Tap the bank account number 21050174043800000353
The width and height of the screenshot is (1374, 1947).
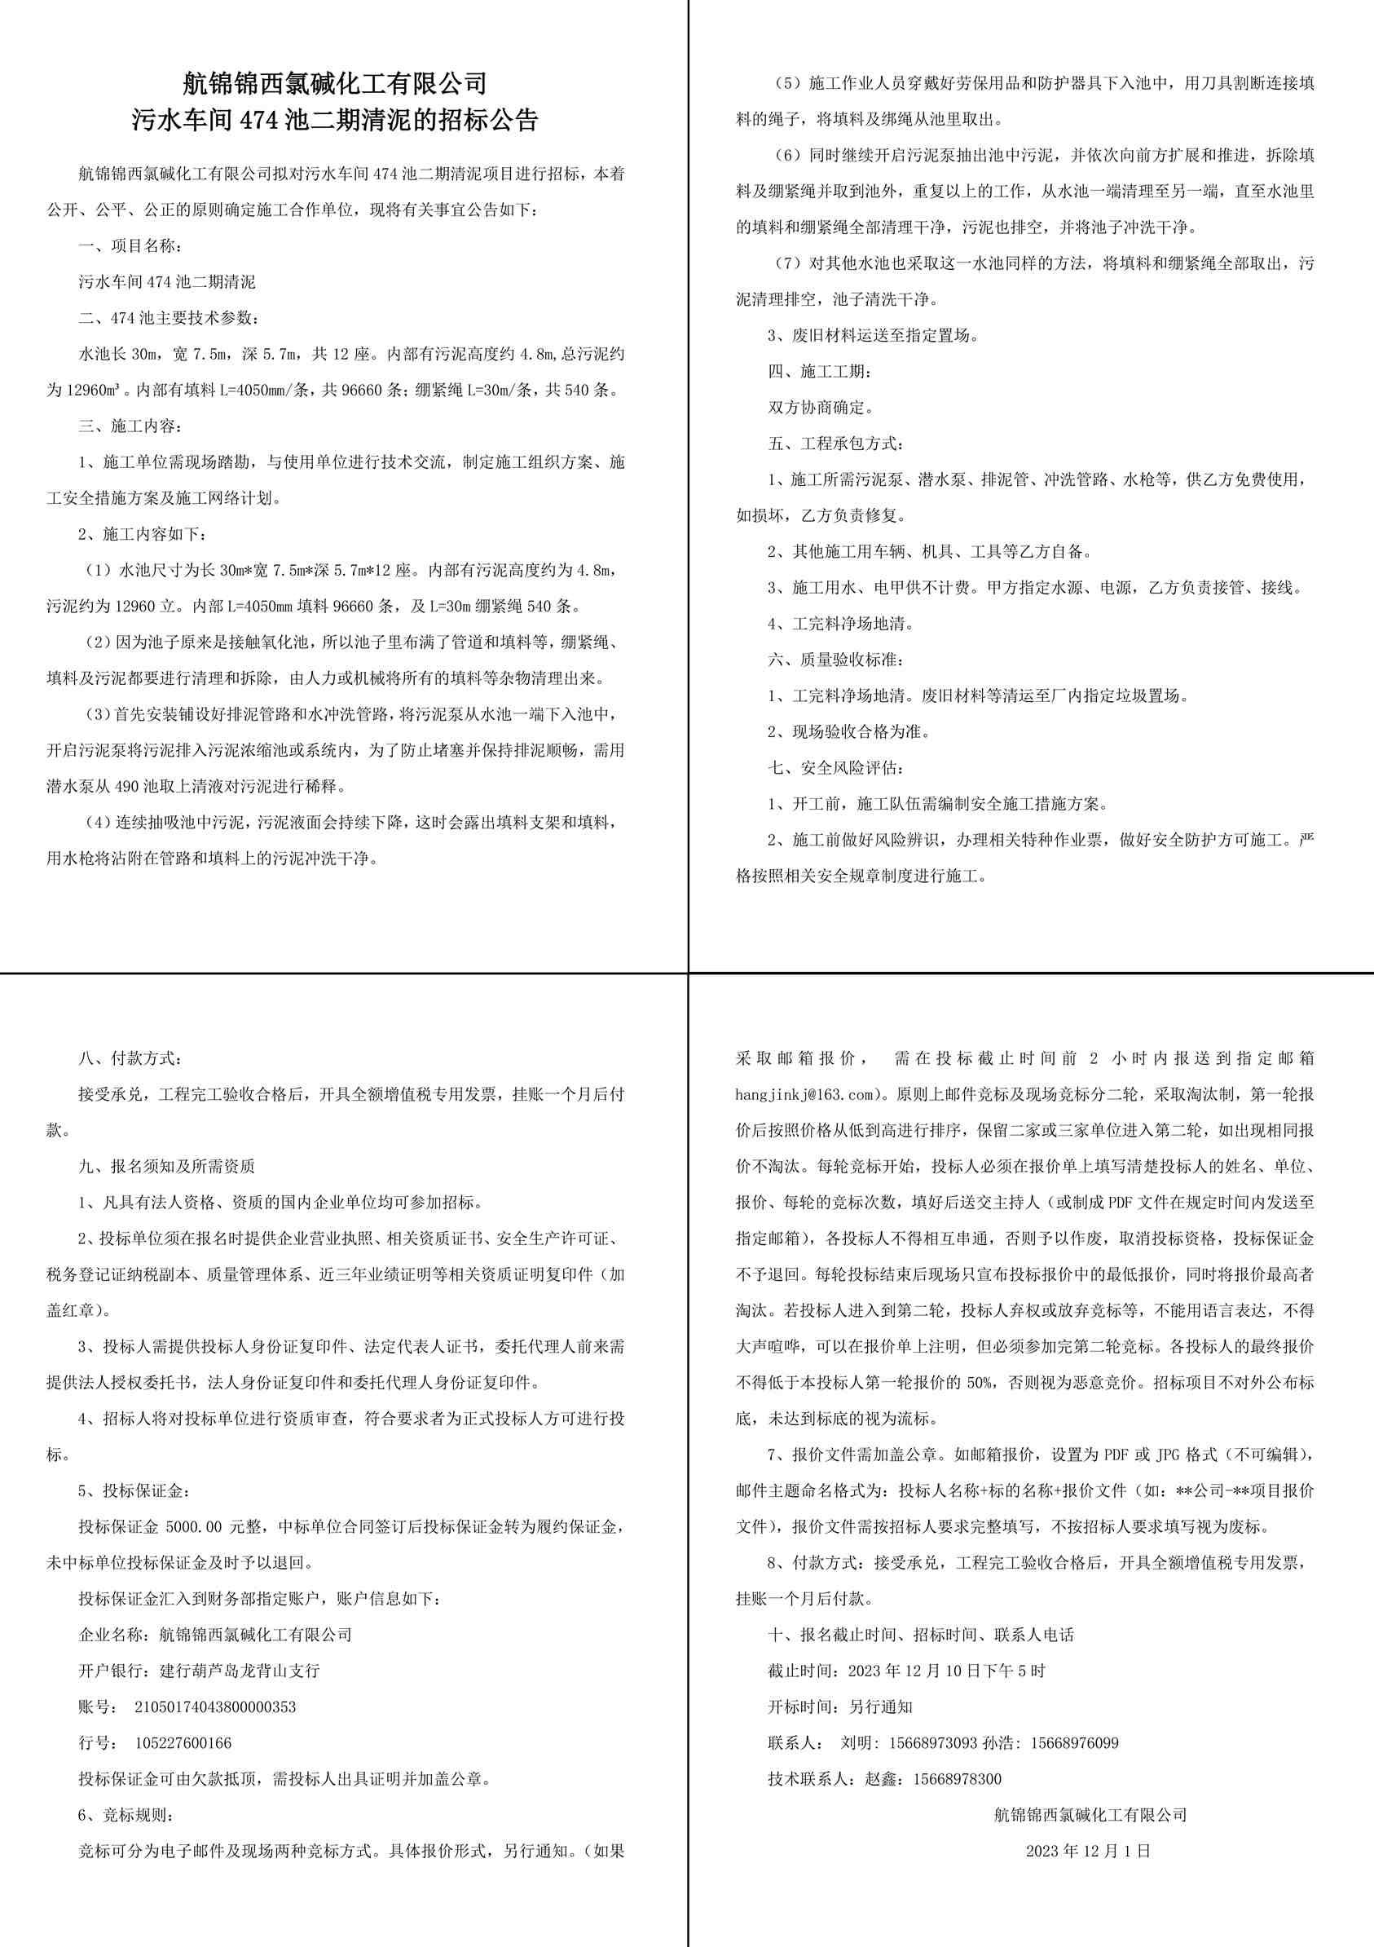point(215,1707)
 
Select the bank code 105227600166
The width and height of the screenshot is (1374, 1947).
point(183,1742)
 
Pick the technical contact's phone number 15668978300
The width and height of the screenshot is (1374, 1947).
point(957,1779)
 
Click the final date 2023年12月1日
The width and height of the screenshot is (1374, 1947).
point(1088,1851)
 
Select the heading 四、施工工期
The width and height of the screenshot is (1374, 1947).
point(818,372)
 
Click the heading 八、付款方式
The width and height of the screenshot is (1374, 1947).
point(130,1058)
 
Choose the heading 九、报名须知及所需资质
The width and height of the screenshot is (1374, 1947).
point(167,1167)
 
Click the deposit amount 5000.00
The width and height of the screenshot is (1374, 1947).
point(194,1527)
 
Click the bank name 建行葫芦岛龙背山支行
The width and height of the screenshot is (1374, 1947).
point(240,1671)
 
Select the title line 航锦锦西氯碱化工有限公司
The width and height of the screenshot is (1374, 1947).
point(336,83)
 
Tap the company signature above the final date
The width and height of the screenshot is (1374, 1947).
point(1090,1816)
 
